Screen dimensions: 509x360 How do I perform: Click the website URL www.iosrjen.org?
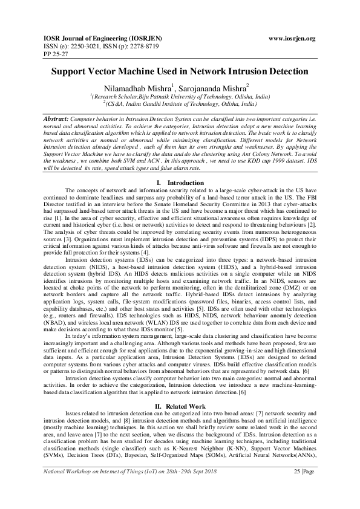(x=292, y=38)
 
